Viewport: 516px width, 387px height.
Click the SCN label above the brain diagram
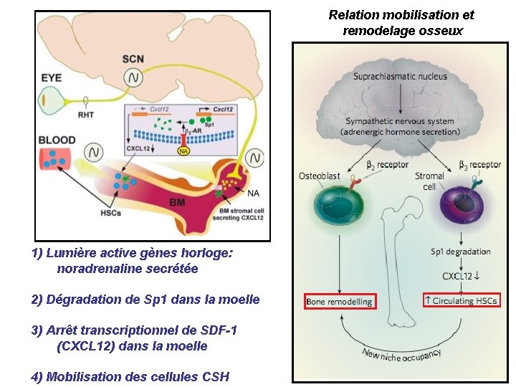pos(133,59)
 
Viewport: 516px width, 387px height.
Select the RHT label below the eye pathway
pos(86,114)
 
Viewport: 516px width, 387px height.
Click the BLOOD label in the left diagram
pos(57,140)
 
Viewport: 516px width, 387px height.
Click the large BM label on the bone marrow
pos(177,203)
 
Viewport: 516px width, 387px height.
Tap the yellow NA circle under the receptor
pos(183,151)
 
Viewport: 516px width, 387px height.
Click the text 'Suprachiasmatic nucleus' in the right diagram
pos(400,76)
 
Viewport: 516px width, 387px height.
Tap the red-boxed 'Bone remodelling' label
pos(340,302)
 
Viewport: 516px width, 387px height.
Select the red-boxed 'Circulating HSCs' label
pos(461,300)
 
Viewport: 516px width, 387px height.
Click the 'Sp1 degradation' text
pos(461,252)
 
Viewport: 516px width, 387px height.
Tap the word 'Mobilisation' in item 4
pos(80,376)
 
